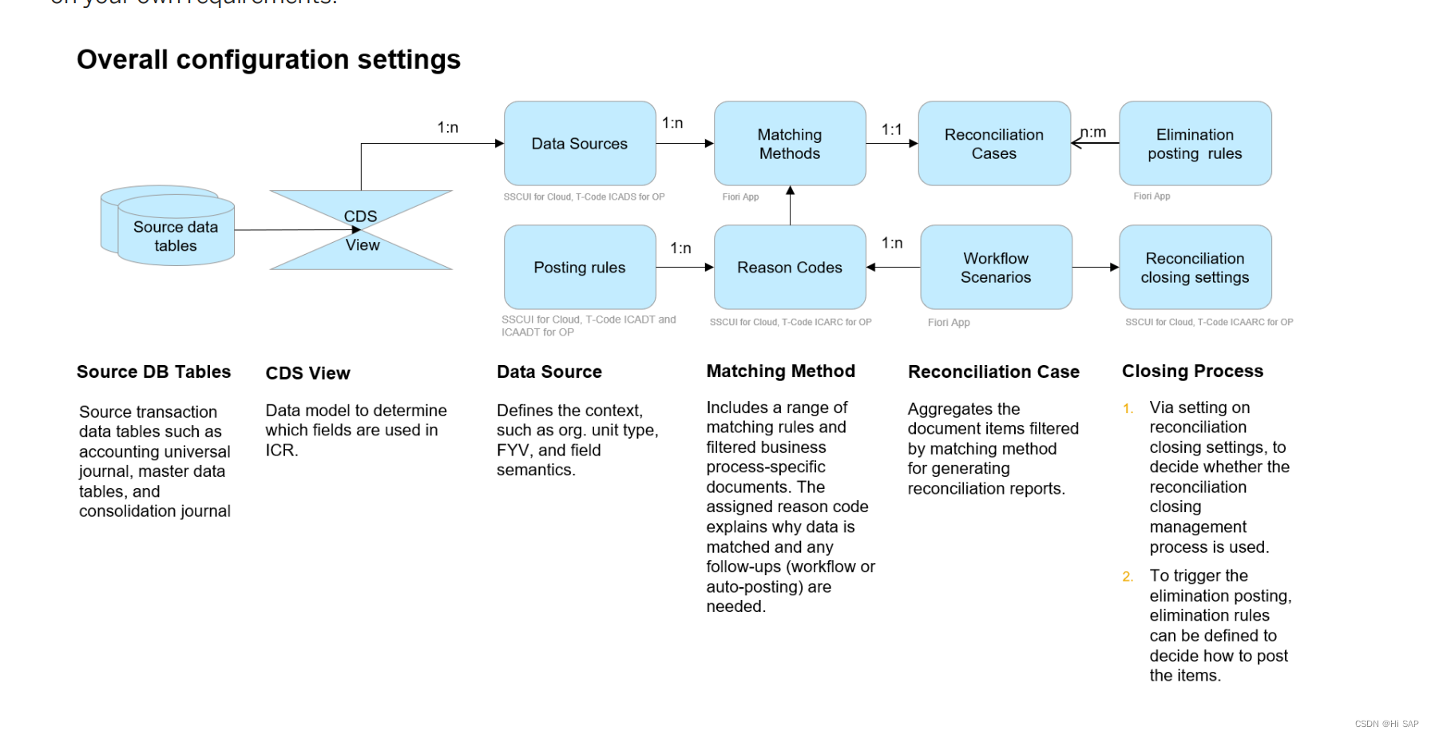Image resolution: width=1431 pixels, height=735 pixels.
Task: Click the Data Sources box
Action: click(x=580, y=144)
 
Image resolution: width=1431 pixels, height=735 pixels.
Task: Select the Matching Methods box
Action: click(x=790, y=144)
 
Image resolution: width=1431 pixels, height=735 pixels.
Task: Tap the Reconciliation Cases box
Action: click(x=994, y=144)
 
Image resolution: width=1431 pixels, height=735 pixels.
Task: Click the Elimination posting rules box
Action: click(x=1195, y=144)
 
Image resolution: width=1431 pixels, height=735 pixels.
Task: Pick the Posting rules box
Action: click(x=580, y=268)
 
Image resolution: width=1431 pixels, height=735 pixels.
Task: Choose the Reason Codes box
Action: click(x=790, y=268)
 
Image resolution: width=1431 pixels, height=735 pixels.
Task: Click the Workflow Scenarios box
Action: click(x=996, y=268)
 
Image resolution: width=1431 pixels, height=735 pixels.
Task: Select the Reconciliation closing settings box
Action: click(x=1195, y=268)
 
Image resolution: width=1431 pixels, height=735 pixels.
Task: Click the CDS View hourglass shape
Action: click(x=361, y=230)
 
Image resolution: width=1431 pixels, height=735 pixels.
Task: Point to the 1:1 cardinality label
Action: click(x=891, y=129)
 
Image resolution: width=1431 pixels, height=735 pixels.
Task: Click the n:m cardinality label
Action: click(x=1093, y=132)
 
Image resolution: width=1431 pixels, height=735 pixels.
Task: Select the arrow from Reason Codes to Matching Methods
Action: click(x=790, y=206)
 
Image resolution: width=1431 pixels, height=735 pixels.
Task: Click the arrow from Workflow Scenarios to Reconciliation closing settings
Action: click(x=1096, y=268)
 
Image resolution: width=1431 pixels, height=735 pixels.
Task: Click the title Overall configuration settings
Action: click(x=268, y=60)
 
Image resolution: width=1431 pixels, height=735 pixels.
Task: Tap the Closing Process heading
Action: click(x=1192, y=371)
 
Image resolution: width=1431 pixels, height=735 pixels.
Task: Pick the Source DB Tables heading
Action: click(x=153, y=372)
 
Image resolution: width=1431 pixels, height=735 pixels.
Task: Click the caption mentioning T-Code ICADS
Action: click(x=584, y=197)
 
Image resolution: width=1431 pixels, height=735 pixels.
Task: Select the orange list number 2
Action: click(x=1128, y=577)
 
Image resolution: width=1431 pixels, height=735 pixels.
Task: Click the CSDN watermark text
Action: click(x=1386, y=724)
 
